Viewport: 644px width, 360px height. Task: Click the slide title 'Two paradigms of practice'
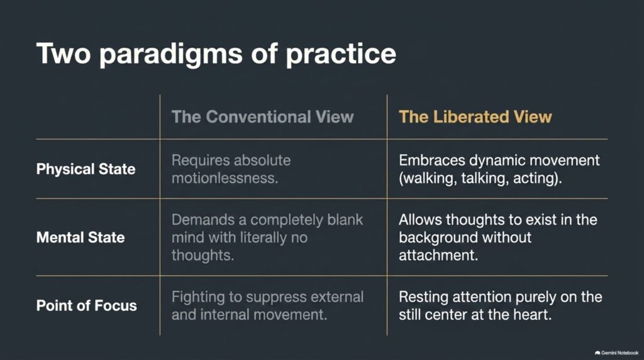(216, 54)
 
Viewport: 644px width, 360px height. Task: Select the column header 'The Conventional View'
(262, 116)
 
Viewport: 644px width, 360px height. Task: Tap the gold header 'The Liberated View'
(475, 116)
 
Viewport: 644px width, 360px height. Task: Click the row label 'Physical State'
(86, 169)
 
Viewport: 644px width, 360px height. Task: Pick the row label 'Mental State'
(80, 237)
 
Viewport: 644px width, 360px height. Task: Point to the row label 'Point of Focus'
(87, 305)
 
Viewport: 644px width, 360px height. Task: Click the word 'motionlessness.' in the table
(225, 178)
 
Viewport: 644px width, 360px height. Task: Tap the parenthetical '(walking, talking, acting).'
(480, 179)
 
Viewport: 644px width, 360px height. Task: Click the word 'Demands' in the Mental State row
(203, 220)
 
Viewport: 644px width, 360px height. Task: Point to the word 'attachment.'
(438, 256)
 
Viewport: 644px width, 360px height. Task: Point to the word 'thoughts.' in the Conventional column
(203, 256)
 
